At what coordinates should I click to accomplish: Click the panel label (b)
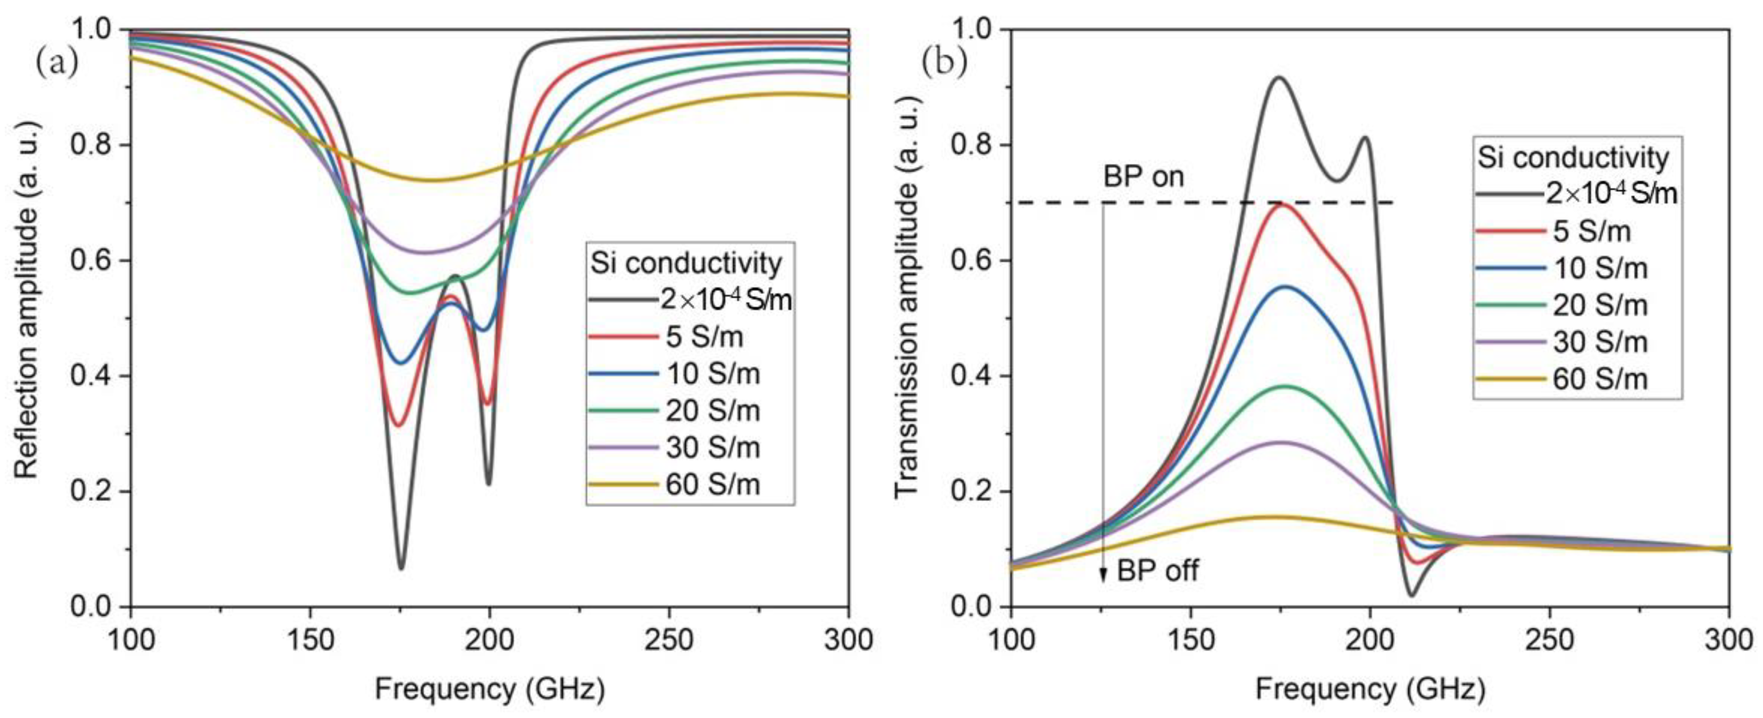pos(944,62)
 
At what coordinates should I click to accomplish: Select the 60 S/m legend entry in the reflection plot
pos(712,485)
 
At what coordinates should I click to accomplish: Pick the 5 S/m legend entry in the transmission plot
pos(1591,231)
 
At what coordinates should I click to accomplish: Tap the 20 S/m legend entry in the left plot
pos(712,411)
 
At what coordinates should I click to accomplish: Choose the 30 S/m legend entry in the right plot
pos(1599,342)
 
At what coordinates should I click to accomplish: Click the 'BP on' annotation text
pos(1143,177)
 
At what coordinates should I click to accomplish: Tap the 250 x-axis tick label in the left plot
pos(669,640)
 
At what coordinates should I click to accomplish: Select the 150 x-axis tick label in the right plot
pos(1191,640)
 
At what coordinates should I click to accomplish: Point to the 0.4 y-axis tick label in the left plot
pos(91,376)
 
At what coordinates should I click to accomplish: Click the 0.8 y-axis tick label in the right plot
pos(972,145)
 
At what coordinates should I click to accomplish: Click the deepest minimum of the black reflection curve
pos(401,567)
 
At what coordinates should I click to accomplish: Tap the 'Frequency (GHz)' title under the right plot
pos(1370,689)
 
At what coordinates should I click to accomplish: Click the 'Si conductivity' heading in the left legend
pos(686,263)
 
